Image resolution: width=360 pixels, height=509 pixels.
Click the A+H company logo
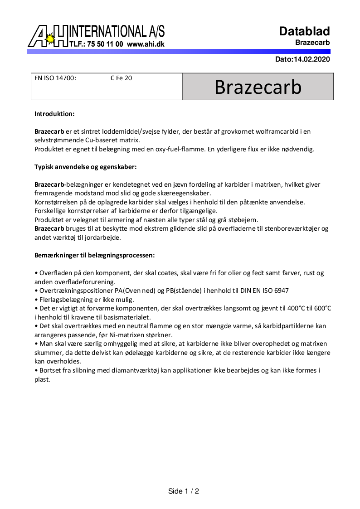click(x=48, y=36)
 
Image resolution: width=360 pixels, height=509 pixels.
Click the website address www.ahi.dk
click(x=146, y=44)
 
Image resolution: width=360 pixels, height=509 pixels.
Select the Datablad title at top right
click(x=304, y=31)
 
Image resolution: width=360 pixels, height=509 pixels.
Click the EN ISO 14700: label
click(x=55, y=78)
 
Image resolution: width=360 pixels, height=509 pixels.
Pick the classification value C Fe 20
click(x=121, y=78)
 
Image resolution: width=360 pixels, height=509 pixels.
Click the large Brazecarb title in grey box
click(x=258, y=87)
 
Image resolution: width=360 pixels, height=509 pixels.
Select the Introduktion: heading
click(x=54, y=114)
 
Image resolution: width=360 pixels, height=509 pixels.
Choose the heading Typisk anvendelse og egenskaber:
click(x=86, y=167)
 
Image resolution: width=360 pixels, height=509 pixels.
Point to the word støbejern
click(x=243, y=220)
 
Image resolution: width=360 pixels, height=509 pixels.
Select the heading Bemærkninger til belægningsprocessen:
click(x=95, y=255)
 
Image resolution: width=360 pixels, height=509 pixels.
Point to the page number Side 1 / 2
click(x=184, y=491)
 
